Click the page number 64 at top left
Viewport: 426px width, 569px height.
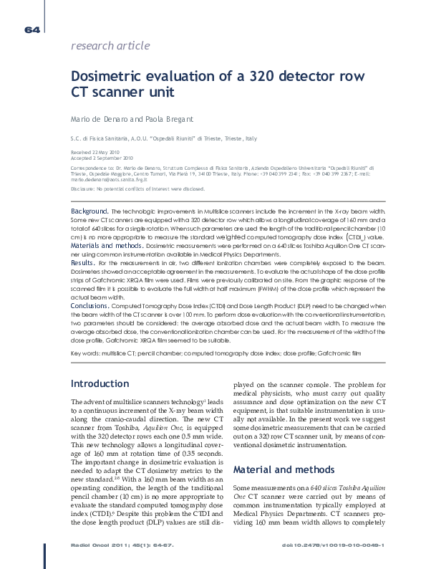pos(32,30)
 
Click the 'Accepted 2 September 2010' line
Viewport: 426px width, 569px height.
pos(102,158)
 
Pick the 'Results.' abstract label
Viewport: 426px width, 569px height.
pos(83,263)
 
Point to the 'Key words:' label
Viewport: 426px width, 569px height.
pos(85,354)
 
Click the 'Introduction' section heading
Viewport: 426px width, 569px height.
pos(100,384)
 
